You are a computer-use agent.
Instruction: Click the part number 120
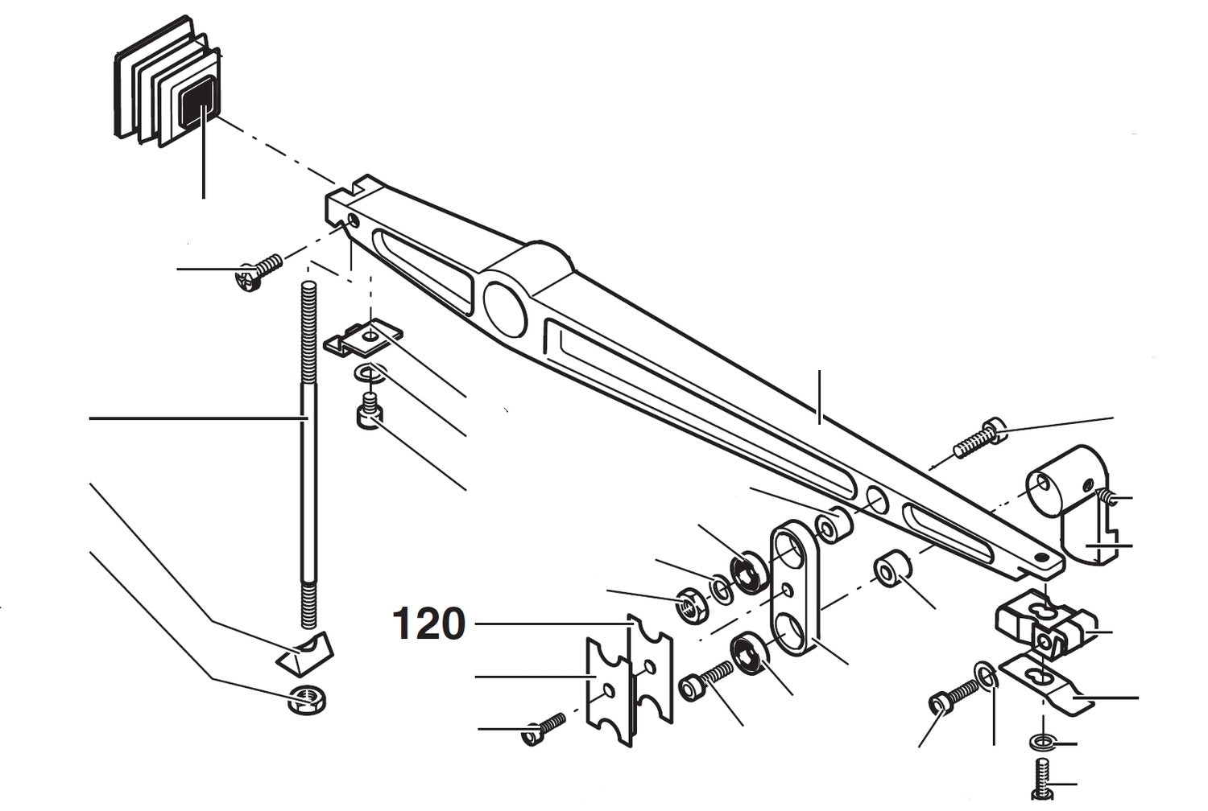(428, 624)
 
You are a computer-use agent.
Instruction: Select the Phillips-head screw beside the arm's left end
(257, 272)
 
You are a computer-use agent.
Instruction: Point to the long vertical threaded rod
(308, 451)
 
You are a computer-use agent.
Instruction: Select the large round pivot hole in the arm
(505, 309)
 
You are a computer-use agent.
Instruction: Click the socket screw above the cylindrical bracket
(979, 438)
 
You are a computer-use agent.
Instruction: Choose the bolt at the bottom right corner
(1043, 780)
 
